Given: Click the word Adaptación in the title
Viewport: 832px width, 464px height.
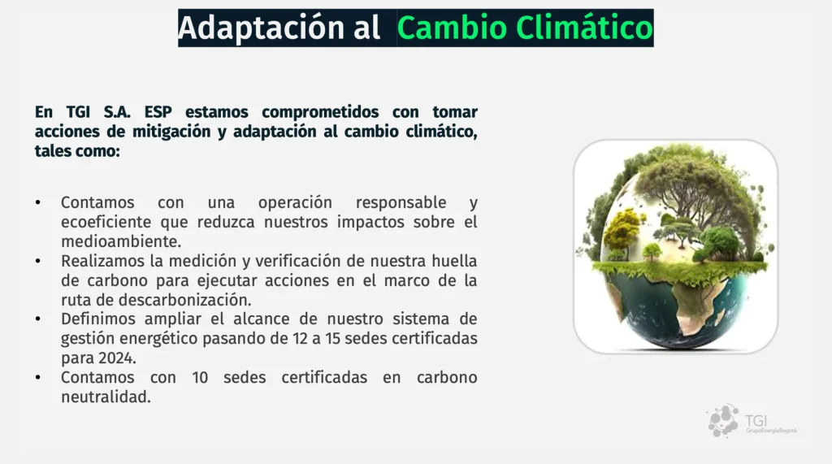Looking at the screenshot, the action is [261, 28].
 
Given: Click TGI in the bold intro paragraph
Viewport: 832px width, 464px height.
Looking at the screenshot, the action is [78, 112].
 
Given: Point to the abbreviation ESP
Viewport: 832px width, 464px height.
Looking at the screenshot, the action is [158, 112].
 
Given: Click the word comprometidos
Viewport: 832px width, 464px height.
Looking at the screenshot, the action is [320, 113].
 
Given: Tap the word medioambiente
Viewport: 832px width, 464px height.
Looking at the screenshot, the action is [121, 241].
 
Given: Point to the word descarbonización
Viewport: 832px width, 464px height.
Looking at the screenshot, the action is [184, 300].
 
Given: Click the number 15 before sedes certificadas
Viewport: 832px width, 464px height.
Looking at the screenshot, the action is [332, 339].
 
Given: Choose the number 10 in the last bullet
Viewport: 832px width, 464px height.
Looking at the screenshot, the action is [200, 378].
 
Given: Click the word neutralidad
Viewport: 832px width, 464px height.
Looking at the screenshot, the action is [106, 397].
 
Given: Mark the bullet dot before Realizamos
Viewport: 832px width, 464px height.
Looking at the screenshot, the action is [38, 261].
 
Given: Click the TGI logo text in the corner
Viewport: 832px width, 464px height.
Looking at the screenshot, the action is [756, 420].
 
